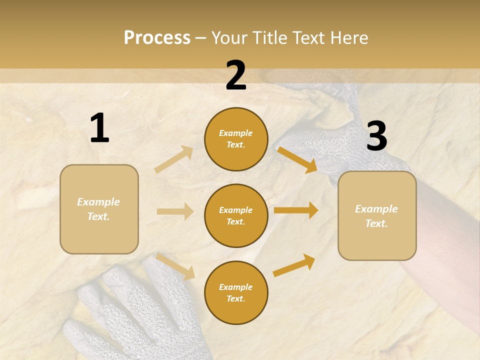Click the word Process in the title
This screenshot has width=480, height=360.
click(157, 37)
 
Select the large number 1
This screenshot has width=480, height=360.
click(99, 128)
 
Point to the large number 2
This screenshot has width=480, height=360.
click(236, 75)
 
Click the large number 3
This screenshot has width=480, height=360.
click(376, 136)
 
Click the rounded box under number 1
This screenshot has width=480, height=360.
click(99, 209)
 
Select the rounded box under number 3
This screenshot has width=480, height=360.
click(377, 215)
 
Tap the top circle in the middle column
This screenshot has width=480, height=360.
click(236, 139)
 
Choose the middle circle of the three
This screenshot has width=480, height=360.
click(236, 215)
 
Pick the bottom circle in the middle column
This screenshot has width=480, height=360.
click(236, 292)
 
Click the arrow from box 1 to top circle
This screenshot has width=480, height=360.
click(174, 159)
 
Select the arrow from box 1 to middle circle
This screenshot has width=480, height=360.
click(175, 211)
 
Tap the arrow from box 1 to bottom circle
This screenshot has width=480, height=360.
click(175, 266)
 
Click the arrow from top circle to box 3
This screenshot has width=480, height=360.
click(297, 159)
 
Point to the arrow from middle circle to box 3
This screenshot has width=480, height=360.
click(296, 210)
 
